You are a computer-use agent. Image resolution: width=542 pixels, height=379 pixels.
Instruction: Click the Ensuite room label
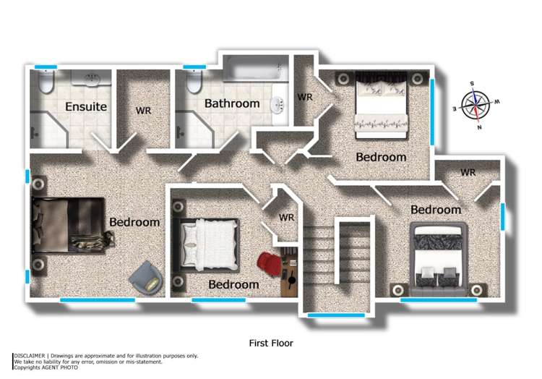click(86, 107)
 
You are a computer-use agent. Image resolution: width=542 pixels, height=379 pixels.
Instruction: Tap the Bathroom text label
click(231, 103)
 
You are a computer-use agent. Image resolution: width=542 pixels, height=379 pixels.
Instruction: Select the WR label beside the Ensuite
click(143, 111)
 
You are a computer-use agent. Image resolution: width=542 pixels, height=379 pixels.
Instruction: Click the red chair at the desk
click(270, 263)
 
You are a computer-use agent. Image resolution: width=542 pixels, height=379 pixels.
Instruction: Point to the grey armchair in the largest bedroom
click(146, 277)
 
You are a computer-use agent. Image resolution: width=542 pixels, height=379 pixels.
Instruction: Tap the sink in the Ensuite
click(92, 77)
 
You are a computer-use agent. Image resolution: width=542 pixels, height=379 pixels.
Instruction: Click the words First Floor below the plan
click(271, 343)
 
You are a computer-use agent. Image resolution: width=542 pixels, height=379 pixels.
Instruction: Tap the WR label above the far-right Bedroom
click(468, 172)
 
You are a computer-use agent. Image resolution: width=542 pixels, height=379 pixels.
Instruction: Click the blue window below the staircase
click(326, 315)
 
